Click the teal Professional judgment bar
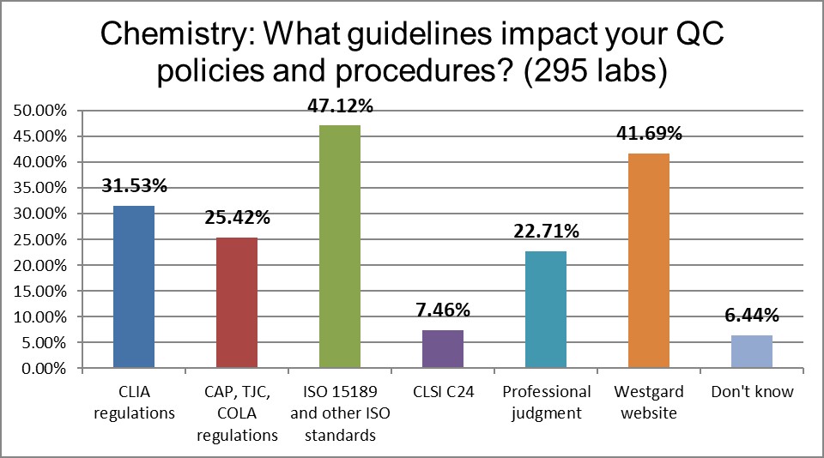(x=545, y=310)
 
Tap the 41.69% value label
(x=649, y=135)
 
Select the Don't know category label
(x=752, y=392)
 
